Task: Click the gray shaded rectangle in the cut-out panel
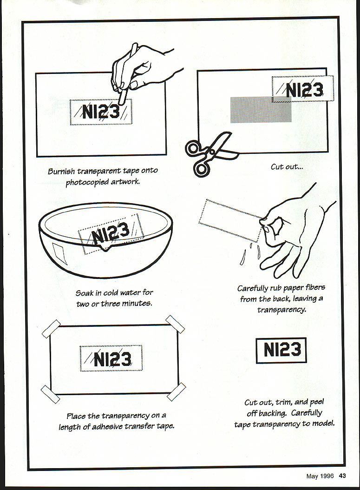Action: [261, 110]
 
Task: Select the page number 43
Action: [342, 476]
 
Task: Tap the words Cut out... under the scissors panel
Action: [287, 166]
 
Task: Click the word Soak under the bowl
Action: [85, 293]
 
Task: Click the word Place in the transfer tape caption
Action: [76, 416]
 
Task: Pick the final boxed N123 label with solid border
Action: [281, 350]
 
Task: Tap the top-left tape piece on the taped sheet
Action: [51, 328]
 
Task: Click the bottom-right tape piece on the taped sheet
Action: [176, 392]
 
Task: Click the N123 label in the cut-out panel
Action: [303, 89]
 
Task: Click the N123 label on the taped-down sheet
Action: [111, 358]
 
